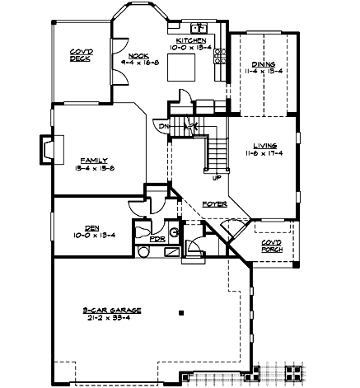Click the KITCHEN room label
189,40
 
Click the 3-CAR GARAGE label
112,309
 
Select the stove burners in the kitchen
219,56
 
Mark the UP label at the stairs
216,177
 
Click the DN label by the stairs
163,125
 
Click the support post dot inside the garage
181,312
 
